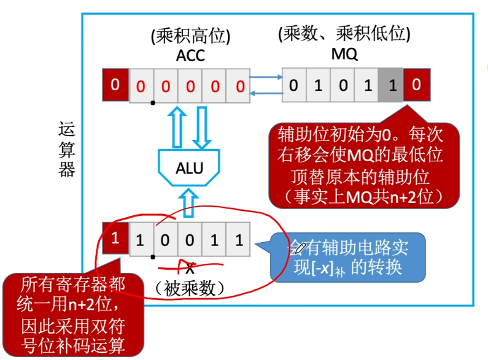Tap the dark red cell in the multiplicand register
115,237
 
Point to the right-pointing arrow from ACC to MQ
265,79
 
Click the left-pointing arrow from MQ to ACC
265,92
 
